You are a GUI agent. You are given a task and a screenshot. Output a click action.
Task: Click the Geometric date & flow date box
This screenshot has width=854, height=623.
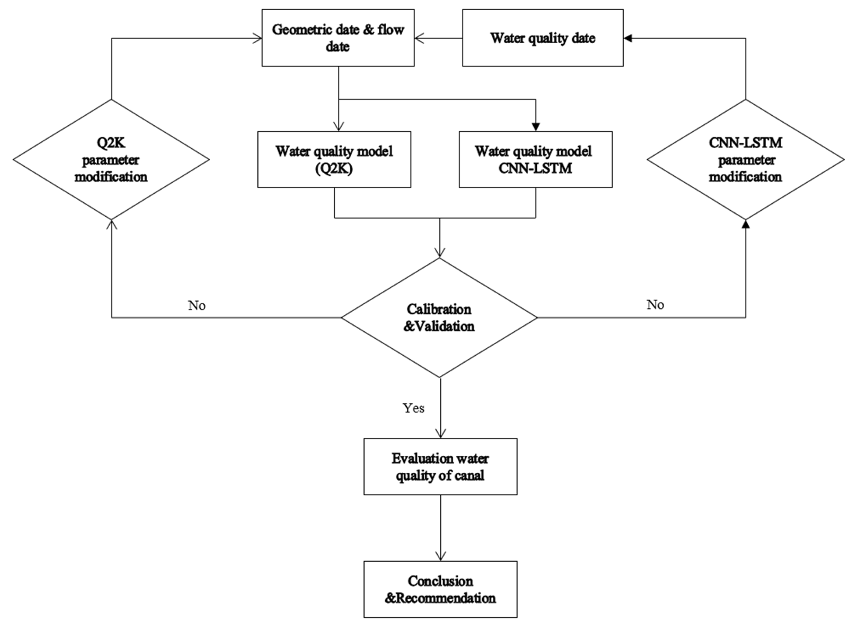pyautogui.click(x=338, y=38)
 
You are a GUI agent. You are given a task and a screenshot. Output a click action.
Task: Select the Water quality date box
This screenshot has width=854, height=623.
pyautogui.click(x=543, y=38)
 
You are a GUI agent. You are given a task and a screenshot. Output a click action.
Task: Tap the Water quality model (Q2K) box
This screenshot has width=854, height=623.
pyautogui.click(x=334, y=159)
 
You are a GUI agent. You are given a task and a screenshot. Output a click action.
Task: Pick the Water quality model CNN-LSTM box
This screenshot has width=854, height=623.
pyautogui.click(x=535, y=159)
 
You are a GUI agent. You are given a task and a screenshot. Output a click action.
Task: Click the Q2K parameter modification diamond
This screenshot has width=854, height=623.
pyautogui.click(x=111, y=159)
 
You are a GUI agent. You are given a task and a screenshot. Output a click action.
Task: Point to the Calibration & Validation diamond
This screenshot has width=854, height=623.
pyautogui.click(x=439, y=318)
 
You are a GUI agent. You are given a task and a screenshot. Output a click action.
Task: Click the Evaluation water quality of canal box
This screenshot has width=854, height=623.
pyautogui.click(x=440, y=467)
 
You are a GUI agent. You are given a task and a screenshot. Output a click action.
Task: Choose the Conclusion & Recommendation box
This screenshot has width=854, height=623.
pyautogui.click(x=440, y=589)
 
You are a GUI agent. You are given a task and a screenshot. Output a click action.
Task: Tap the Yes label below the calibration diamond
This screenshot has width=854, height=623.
pyautogui.click(x=413, y=408)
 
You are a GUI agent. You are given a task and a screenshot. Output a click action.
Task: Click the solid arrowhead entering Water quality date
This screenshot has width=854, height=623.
pyautogui.click(x=628, y=38)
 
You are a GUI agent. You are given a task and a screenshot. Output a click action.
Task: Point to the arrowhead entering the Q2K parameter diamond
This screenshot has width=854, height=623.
pyautogui.click(x=111, y=224)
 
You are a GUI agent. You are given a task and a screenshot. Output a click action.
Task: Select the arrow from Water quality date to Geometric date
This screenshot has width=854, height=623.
pyautogui.click(x=438, y=38)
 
